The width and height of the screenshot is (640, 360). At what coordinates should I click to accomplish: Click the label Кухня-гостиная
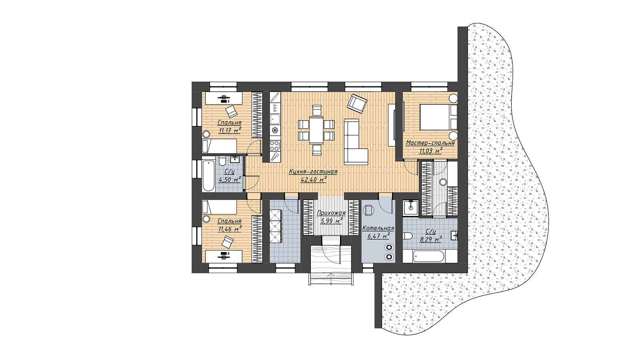(313, 172)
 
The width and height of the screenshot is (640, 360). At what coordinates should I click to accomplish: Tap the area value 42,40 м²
(314, 180)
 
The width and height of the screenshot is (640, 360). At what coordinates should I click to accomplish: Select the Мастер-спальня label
(430, 143)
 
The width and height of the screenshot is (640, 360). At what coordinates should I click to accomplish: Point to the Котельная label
(378, 228)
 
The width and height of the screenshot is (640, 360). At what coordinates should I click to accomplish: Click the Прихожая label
(331, 213)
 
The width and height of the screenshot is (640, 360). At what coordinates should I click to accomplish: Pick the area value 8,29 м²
(430, 239)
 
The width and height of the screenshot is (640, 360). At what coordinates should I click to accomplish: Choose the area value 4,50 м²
(230, 180)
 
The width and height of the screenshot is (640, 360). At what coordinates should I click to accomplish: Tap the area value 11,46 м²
(230, 229)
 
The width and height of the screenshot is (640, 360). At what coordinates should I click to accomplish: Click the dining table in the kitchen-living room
(316, 130)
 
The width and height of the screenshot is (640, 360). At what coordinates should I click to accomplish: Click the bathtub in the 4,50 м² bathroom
(208, 176)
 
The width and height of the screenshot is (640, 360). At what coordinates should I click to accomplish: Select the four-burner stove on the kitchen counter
(275, 146)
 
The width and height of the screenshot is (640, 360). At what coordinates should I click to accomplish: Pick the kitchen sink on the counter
(275, 119)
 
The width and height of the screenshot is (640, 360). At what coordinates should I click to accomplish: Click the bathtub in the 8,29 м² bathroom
(428, 256)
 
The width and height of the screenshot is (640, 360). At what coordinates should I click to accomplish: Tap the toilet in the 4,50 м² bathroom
(222, 161)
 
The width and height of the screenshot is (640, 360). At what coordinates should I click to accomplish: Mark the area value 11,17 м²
(230, 130)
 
